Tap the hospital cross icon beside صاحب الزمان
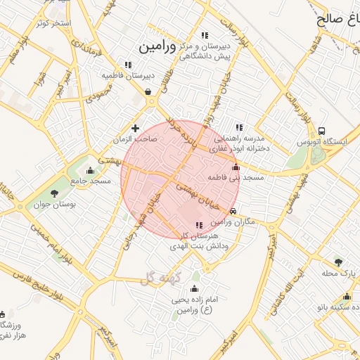click(135, 128)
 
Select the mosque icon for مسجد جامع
click(90, 170)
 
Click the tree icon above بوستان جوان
click(55, 193)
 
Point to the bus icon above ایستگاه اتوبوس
click(321, 131)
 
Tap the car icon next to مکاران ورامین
click(233, 210)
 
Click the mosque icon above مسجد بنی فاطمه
click(236, 167)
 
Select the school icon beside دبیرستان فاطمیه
click(127, 65)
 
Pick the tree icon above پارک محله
click(338, 262)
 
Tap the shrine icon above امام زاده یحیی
click(195, 288)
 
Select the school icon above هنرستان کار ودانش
click(199, 225)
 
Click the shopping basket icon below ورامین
click(148, 91)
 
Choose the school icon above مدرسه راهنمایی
click(239, 128)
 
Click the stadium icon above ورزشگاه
click(2, 314)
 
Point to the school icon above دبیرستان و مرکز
click(205, 35)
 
